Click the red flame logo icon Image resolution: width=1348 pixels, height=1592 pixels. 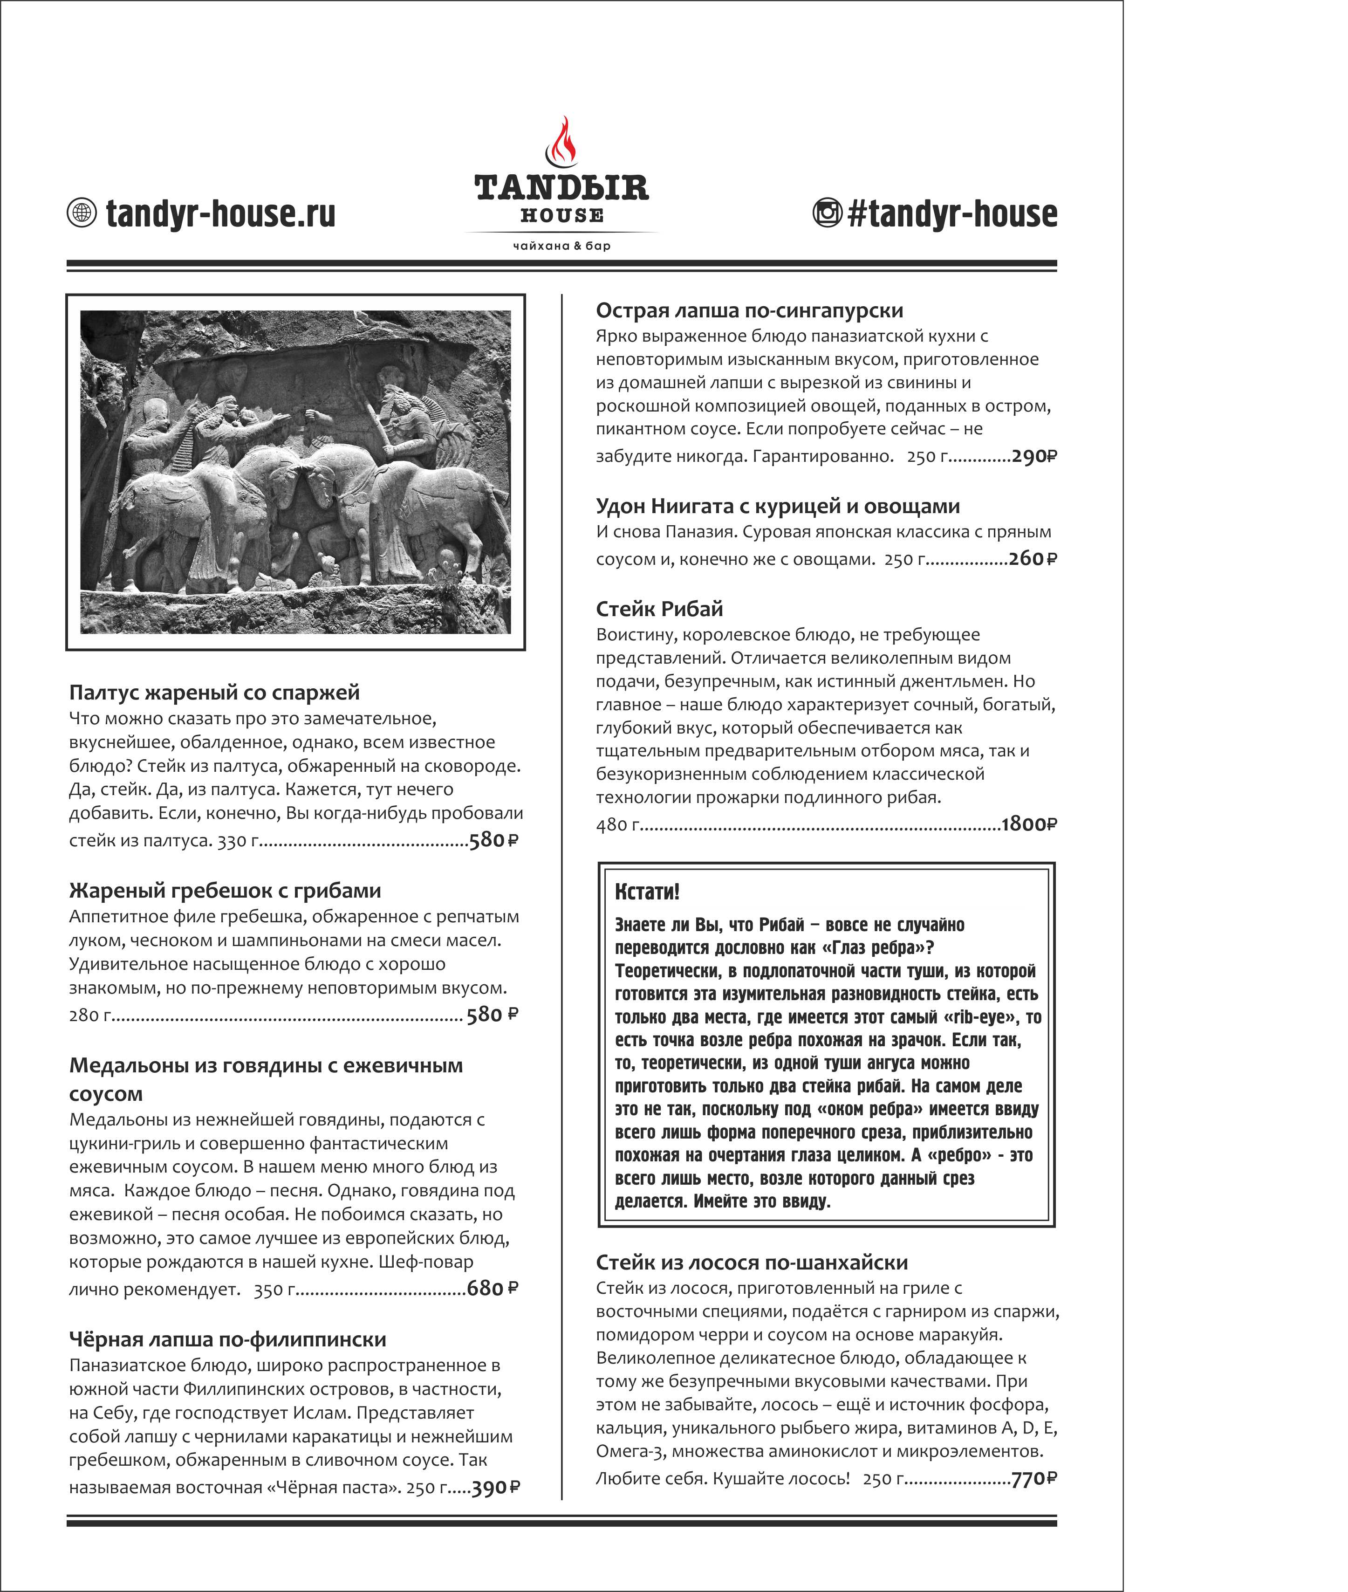pyautogui.click(x=561, y=141)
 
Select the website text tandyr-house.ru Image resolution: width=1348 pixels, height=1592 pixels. pyautogui.click(x=220, y=213)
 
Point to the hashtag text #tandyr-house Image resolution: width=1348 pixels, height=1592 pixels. pyautogui.click(x=952, y=213)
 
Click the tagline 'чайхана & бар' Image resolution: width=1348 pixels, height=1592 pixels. pyautogui.click(x=561, y=245)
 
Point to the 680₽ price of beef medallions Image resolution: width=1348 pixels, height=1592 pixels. pyautogui.click(x=492, y=1288)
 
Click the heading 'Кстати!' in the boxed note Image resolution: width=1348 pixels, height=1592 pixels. pyautogui.click(x=646, y=891)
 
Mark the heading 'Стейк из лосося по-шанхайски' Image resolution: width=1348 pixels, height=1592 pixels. pyautogui.click(x=751, y=1262)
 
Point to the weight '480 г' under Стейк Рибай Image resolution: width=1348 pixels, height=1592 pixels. pyautogui.click(x=617, y=824)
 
